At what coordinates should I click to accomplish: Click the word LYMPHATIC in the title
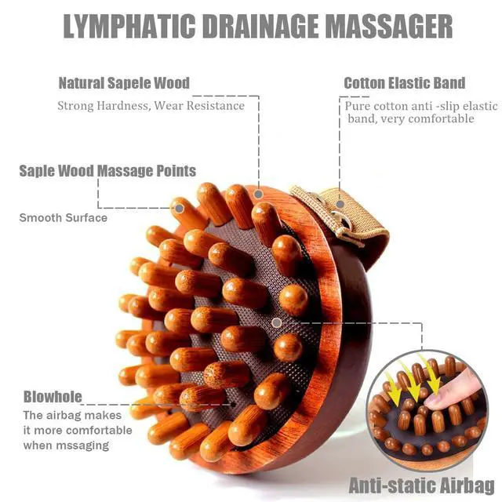tap(129, 26)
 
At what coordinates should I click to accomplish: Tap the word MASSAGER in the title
tap(389, 26)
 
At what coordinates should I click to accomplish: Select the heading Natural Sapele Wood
tap(124, 83)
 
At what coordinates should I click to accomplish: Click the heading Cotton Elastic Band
tap(405, 83)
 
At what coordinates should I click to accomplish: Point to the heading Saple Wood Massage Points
tap(107, 171)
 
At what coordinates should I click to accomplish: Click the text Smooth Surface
tap(64, 218)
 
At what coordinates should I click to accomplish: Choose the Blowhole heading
tap(53, 397)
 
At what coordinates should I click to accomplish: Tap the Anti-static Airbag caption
tap(422, 486)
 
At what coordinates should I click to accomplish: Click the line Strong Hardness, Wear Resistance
tap(151, 106)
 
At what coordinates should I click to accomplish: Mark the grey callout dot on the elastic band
tap(340, 204)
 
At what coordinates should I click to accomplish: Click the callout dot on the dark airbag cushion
tap(277, 322)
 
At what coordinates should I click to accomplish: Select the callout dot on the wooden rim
tap(259, 194)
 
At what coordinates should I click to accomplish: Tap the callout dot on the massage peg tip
tap(180, 209)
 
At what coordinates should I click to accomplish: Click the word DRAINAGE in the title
tap(260, 26)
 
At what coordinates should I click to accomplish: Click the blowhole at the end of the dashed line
tap(234, 405)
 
